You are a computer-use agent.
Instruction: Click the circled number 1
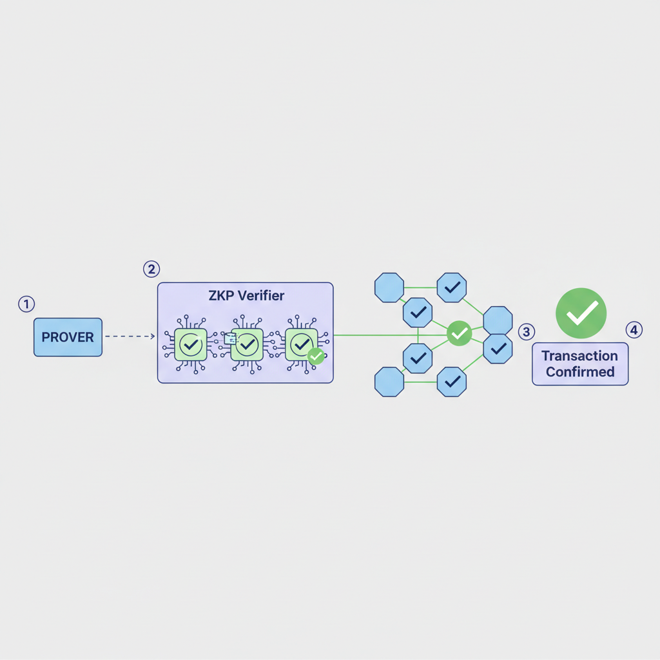click(26, 304)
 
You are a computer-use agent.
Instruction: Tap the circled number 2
click(151, 269)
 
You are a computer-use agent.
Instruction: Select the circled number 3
click(527, 332)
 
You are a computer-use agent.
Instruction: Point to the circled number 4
click(634, 331)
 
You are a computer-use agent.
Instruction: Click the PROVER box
click(68, 337)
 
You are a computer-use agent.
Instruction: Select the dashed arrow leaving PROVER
click(129, 336)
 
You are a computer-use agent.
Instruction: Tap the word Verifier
click(261, 296)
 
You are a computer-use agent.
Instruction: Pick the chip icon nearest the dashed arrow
click(191, 345)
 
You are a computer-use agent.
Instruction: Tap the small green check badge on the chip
click(316, 356)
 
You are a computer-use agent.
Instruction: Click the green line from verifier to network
click(387, 335)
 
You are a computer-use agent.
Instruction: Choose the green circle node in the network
click(459, 333)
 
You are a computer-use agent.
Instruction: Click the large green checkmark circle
click(581, 313)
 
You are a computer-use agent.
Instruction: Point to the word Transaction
click(579, 356)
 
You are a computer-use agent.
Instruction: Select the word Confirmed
click(579, 372)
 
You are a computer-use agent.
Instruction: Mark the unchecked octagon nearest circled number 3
click(498, 320)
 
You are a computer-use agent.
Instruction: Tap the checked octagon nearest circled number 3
click(498, 349)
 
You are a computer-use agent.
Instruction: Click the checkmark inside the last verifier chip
click(301, 345)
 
